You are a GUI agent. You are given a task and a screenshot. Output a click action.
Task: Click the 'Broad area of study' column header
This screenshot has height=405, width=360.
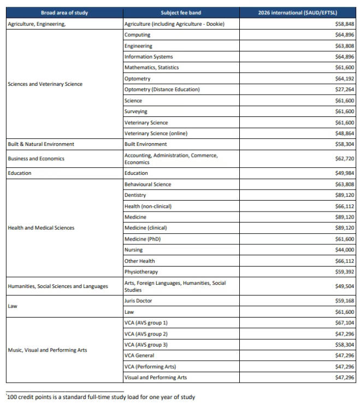64,13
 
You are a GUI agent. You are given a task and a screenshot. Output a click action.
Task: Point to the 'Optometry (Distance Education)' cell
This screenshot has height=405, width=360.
162,90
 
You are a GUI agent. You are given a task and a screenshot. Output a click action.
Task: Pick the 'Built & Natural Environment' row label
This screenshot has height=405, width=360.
41,144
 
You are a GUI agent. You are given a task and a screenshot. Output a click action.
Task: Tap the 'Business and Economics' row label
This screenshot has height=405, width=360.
36,159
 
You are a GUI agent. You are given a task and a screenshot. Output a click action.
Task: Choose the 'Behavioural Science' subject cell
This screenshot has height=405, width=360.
147,184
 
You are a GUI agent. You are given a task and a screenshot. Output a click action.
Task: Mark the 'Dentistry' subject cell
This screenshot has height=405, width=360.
135,195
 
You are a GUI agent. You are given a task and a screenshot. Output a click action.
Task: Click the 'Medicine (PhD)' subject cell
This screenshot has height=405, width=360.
143,239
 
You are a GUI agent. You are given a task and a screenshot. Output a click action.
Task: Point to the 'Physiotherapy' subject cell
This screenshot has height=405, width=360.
141,272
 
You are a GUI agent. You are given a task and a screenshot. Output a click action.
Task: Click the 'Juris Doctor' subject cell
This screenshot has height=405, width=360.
138,301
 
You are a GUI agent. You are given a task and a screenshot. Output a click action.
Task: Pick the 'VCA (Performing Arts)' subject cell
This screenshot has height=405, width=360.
150,366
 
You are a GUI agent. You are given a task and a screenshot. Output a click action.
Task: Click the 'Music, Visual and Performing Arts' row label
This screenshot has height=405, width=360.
48,350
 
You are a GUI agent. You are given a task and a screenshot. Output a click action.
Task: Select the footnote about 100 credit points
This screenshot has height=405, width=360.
101,397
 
